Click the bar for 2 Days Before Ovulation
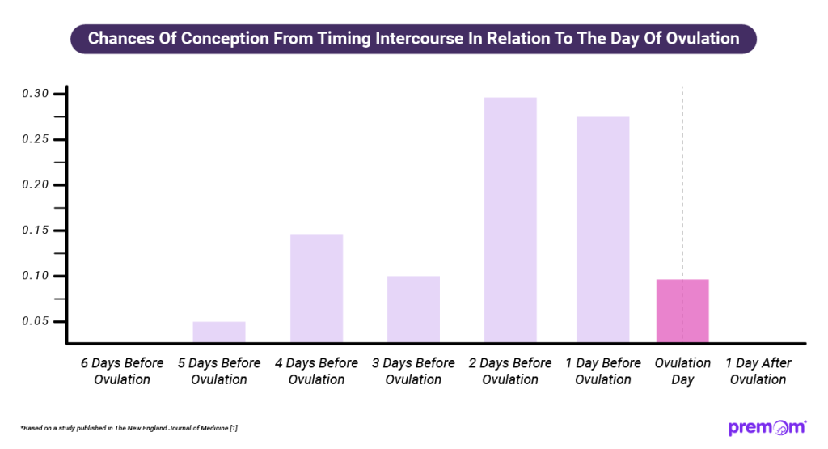(x=510, y=219)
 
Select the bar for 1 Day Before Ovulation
(x=603, y=229)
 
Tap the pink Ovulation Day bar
(x=682, y=310)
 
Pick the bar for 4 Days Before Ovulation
(x=316, y=287)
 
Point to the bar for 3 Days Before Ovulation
(x=413, y=308)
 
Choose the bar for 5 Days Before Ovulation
(x=219, y=331)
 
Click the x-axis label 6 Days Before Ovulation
(x=122, y=371)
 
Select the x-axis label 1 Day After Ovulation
(x=758, y=371)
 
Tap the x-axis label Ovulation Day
(x=682, y=371)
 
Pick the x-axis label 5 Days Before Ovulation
(x=219, y=371)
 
